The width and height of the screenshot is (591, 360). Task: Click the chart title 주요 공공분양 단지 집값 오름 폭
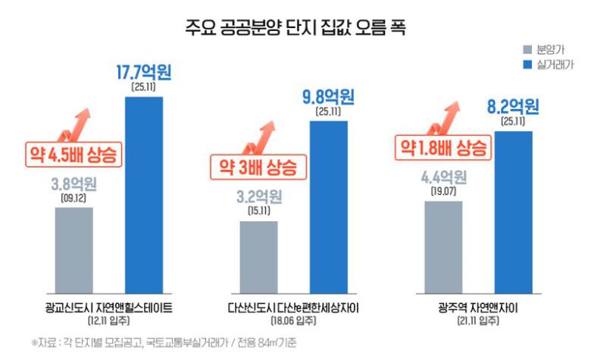(x=295, y=30)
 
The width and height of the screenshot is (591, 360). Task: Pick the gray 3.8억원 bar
(x=74, y=249)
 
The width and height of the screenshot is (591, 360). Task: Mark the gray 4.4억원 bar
(x=442, y=246)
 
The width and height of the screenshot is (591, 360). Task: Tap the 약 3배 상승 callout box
(x=258, y=165)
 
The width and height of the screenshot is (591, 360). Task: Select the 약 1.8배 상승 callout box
(x=443, y=146)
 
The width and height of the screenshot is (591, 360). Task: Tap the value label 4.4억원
(x=442, y=179)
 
